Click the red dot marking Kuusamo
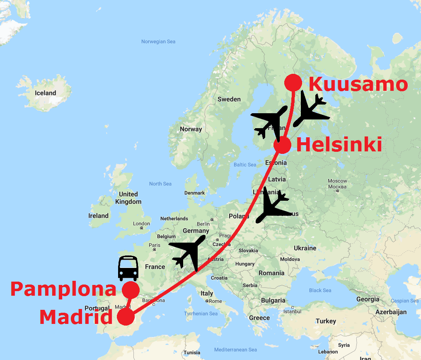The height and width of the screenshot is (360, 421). (x=293, y=83)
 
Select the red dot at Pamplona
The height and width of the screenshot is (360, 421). (x=131, y=289)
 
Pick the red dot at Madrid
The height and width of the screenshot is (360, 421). (x=126, y=317)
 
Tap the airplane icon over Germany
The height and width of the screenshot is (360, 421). (x=189, y=251)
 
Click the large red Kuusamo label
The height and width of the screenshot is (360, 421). (x=358, y=84)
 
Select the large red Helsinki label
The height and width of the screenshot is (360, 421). (x=339, y=146)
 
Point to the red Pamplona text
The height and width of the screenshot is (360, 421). (x=63, y=289)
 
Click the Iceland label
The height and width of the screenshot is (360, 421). (x=46, y=93)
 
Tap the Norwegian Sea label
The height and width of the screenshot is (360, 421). (x=158, y=42)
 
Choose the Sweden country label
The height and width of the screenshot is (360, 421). (x=229, y=99)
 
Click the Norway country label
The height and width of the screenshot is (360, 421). (x=191, y=129)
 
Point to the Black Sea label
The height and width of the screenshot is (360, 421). (x=321, y=290)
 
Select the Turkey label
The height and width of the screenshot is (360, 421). (x=326, y=321)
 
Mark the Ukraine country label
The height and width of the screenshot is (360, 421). (x=305, y=248)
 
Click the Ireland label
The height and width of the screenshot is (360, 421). (x=98, y=216)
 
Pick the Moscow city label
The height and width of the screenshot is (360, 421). (x=337, y=181)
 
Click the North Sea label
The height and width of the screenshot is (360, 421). (x=160, y=184)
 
